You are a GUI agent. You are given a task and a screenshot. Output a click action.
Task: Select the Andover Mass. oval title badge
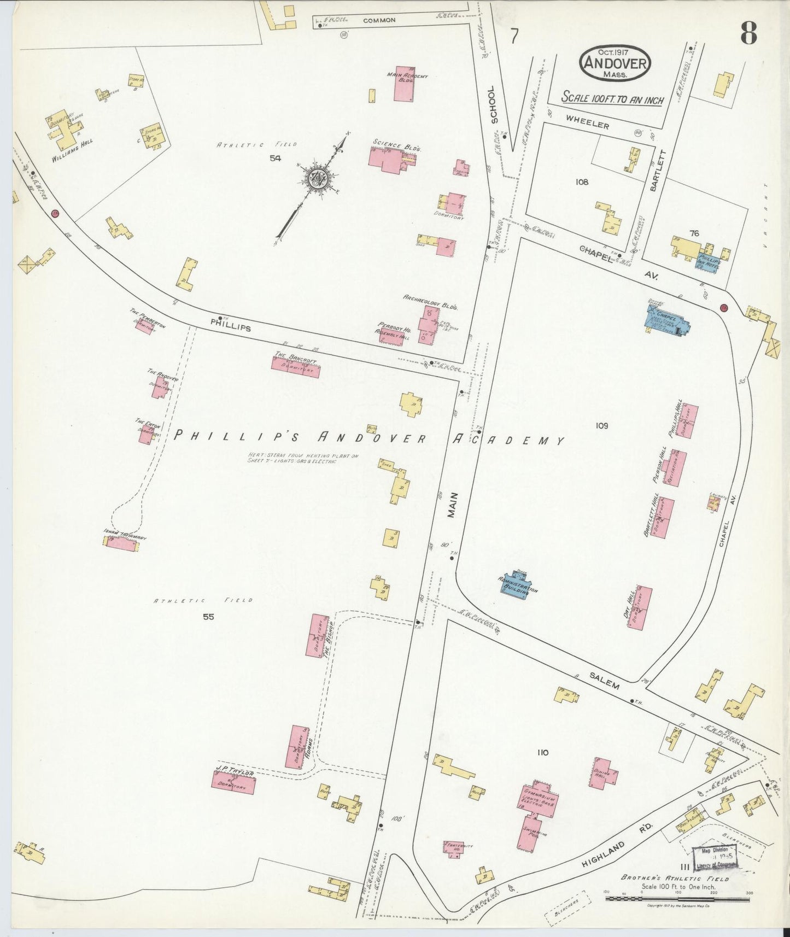[x=615, y=63]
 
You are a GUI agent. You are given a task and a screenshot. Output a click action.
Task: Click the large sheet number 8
[x=748, y=34]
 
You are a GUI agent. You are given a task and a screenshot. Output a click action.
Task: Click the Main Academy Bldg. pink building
[x=403, y=90]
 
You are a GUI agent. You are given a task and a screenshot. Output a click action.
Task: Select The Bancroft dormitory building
[x=295, y=366]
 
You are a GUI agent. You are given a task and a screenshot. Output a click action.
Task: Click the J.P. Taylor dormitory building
[x=233, y=782]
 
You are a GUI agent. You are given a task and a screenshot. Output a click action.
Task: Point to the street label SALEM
[x=604, y=681]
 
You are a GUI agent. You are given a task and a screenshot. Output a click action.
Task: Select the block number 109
[x=602, y=425]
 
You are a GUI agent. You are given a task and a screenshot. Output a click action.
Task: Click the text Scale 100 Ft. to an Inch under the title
[x=613, y=99]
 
